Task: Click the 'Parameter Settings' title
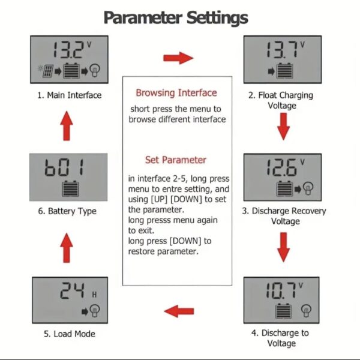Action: coord(176,18)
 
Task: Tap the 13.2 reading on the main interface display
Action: coord(68,50)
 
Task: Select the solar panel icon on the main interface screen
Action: coord(48,71)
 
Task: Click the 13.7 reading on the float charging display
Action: coord(283,50)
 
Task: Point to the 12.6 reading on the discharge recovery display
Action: coord(283,167)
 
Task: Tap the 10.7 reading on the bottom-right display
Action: coord(281,290)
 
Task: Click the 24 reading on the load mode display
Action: coord(72,290)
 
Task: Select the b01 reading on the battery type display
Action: coord(64,167)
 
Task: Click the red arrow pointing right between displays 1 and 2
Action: coord(178,58)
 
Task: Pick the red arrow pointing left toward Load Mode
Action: coord(179,311)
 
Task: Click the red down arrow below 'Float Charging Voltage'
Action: coord(284,127)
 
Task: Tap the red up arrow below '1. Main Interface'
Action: coord(67,126)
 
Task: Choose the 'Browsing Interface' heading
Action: coord(176,93)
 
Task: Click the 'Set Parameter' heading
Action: coord(176,160)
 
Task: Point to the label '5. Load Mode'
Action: coord(70,334)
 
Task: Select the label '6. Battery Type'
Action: coord(67,211)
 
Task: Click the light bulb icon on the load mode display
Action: coord(95,310)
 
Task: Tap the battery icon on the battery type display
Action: coord(70,189)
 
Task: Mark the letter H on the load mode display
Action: coord(94,295)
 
